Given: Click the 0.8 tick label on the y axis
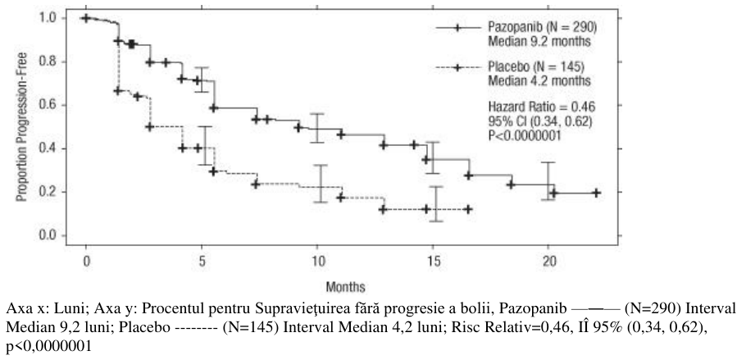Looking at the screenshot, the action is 48,62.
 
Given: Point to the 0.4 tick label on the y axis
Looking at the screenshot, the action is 48,148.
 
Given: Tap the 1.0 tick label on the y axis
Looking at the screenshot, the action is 48,18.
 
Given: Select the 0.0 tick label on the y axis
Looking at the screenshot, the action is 48,235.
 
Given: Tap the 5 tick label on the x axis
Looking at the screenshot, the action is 202,262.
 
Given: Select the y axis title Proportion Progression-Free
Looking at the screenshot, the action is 22,126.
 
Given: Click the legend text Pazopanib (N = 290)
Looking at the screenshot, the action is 543,27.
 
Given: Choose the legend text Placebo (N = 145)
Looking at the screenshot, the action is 536,66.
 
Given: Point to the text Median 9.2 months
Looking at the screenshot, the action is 539,42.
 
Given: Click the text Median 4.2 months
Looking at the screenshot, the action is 539,80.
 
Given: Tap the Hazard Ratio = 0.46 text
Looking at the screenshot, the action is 542,106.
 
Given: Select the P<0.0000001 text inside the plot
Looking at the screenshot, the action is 525,135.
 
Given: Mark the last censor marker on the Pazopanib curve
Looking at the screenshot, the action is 596,193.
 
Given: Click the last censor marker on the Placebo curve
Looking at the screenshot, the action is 468,209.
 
